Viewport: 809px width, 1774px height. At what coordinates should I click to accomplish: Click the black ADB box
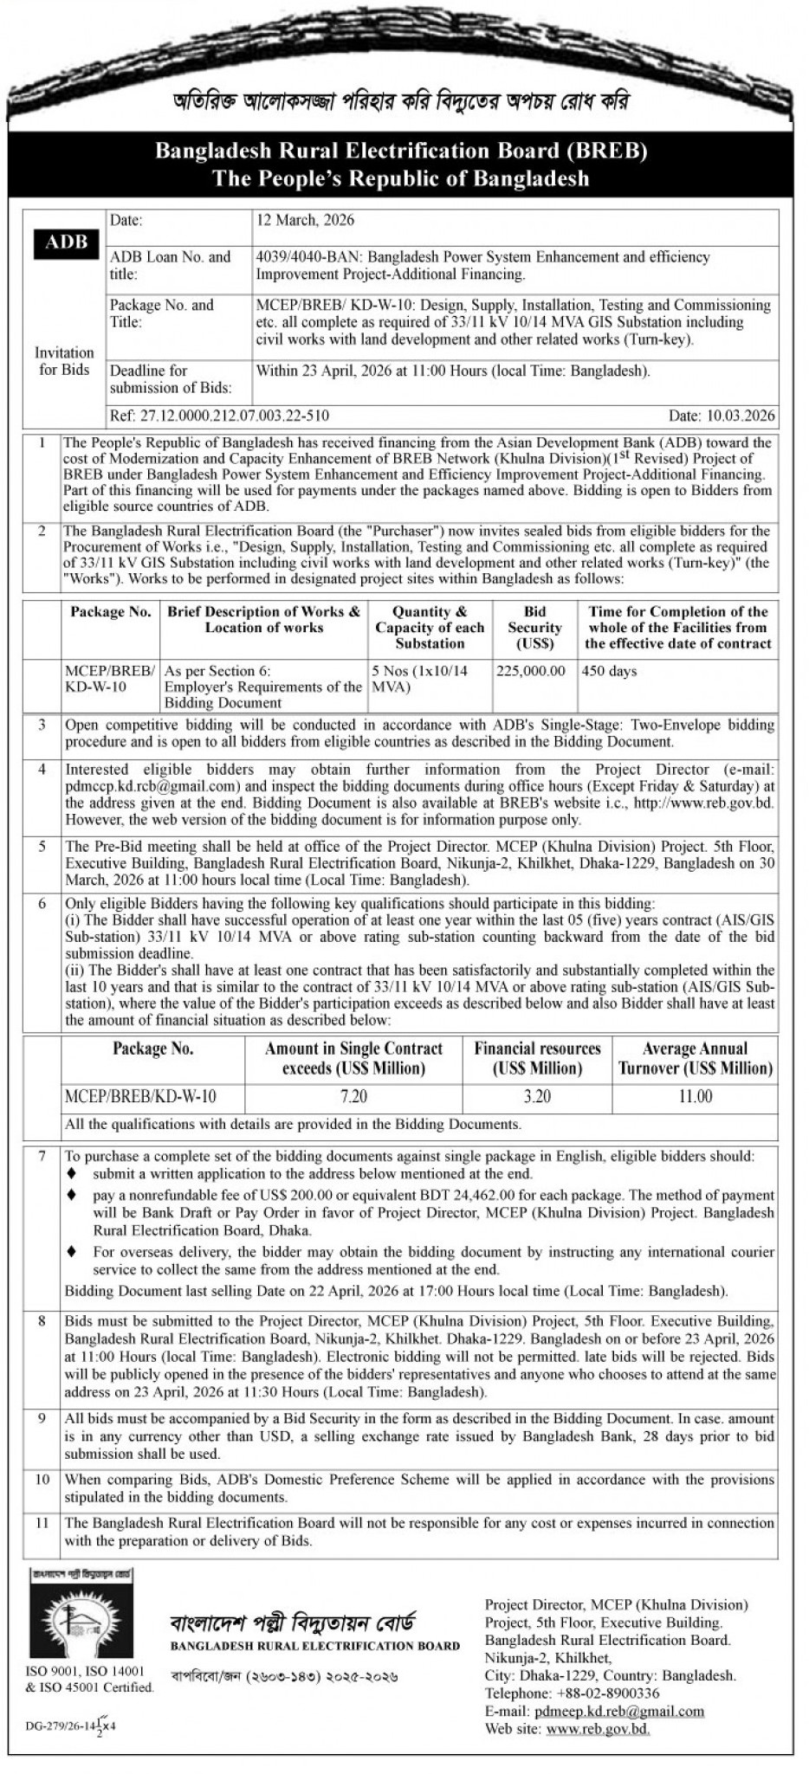[67, 243]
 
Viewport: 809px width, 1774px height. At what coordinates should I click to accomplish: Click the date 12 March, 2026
[305, 220]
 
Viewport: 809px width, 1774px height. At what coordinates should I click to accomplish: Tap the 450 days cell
[609, 671]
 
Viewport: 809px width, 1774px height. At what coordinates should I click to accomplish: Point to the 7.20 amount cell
[353, 1097]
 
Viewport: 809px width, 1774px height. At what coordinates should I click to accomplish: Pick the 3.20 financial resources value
[537, 1097]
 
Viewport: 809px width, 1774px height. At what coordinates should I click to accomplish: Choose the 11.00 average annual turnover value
[695, 1097]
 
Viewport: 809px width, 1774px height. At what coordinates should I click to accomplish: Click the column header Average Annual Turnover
[695, 1058]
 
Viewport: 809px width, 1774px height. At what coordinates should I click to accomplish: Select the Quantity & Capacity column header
[430, 628]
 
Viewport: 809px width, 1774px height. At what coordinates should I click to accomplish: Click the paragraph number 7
[42, 1156]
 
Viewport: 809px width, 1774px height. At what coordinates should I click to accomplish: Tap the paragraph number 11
[42, 1523]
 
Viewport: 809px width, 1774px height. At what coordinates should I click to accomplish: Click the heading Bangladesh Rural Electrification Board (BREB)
[401, 152]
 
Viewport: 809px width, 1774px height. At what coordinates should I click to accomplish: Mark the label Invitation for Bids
[64, 361]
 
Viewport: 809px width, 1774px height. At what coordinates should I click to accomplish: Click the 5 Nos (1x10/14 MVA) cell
[429, 680]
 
